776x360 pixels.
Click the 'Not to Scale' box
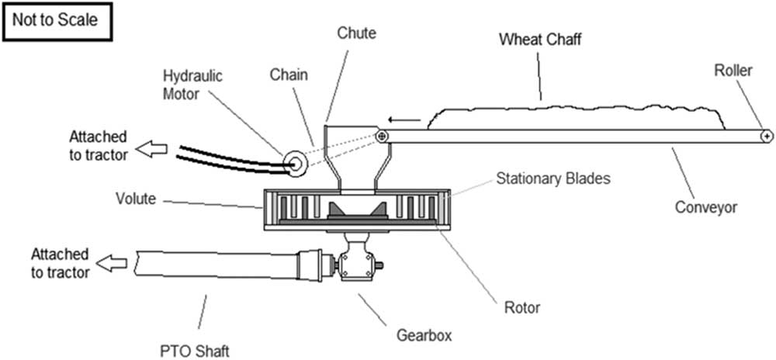pos(57,22)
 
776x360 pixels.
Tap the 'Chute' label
pos(357,33)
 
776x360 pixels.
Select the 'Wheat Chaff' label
pos(540,39)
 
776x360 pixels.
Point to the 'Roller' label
pos(733,71)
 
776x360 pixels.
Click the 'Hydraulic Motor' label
pos(193,85)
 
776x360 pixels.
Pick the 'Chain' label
pos(289,75)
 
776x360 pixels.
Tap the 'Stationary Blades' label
pos(553,178)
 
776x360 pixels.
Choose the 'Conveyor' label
pos(706,206)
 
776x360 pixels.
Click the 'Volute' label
pos(136,199)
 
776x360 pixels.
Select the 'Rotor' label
pos(521,307)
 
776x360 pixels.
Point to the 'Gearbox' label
pos(424,335)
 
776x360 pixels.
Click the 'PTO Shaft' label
pos(195,351)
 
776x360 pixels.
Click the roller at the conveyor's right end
pos(767,136)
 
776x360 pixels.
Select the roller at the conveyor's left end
pos(381,136)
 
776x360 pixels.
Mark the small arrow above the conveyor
pos(404,119)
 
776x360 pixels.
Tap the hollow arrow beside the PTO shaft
pos(111,265)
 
